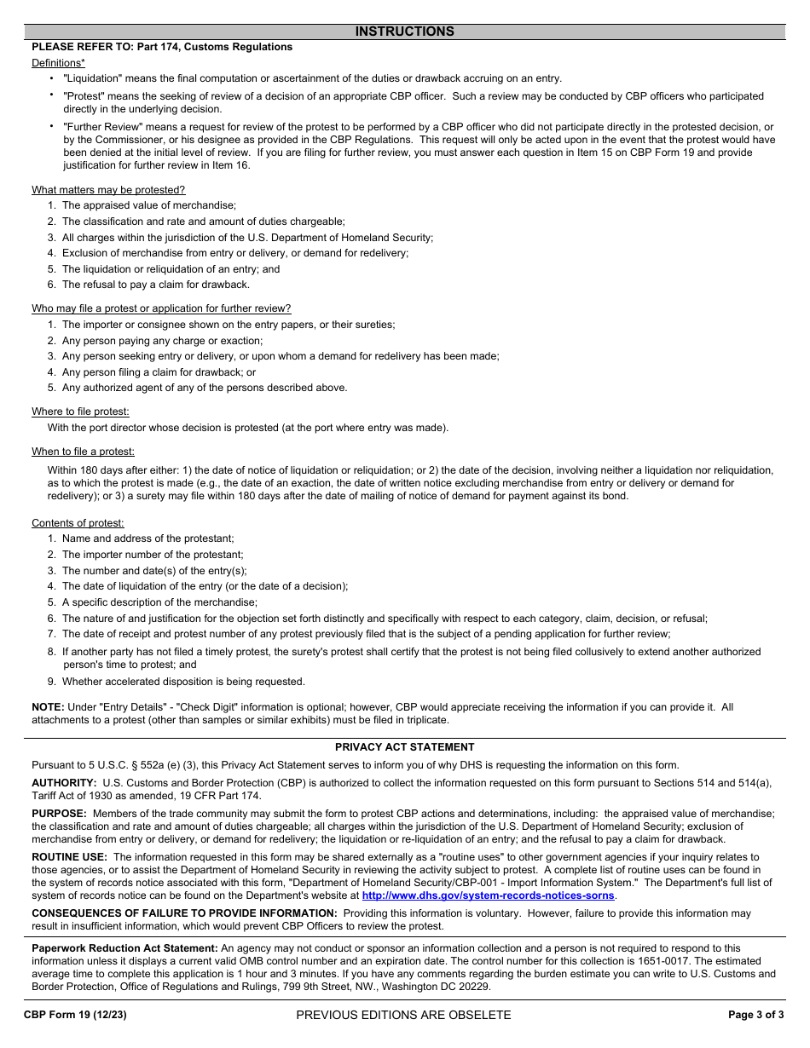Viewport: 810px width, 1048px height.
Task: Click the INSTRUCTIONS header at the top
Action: [404, 32]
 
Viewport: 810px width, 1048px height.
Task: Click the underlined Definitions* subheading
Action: [58, 63]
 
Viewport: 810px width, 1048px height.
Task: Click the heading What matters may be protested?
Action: [108, 190]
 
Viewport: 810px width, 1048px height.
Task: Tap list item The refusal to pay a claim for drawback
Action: [156, 285]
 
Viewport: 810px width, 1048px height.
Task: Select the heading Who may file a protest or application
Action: [161, 308]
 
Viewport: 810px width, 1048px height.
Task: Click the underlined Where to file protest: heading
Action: [80, 412]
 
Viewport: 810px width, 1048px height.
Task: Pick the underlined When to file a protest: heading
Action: [83, 452]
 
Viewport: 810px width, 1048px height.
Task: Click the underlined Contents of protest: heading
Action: [78, 523]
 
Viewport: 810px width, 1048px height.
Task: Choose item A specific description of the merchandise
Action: [159, 602]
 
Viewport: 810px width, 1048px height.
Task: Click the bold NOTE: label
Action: [48, 707]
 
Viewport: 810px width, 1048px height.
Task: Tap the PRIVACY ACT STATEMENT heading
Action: [404, 747]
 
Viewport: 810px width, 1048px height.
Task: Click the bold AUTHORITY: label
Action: [64, 782]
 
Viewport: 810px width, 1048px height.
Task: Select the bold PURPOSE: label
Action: [60, 814]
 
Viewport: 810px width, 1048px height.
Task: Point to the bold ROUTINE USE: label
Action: [70, 857]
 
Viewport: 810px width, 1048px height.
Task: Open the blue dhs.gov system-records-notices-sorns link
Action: [488, 895]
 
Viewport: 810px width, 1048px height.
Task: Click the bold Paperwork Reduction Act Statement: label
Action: [124, 948]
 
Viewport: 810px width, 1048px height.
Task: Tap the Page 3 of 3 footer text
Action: [755, 1015]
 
